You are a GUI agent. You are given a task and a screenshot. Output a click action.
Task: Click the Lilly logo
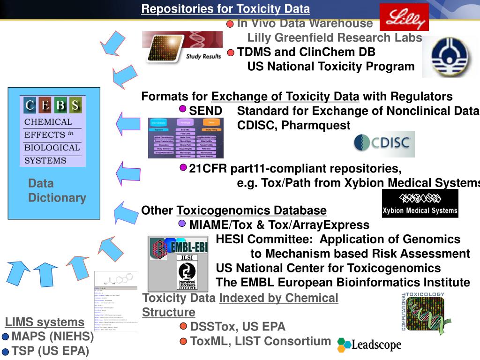click(404, 17)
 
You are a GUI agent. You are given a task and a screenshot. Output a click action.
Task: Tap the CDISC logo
click(384, 144)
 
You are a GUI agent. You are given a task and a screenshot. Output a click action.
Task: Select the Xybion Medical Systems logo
click(420, 203)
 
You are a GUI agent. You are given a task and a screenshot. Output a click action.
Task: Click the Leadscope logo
click(369, 345)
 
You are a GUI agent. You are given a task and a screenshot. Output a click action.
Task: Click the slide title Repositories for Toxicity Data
click(225, 9)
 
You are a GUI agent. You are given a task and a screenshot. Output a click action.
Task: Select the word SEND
click(205, 111)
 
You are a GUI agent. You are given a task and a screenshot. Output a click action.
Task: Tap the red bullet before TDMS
click(231, 52)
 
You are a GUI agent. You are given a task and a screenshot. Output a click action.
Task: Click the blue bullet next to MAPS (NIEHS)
click(5, 337)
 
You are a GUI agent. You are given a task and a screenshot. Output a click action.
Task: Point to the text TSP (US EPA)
click(50, 351)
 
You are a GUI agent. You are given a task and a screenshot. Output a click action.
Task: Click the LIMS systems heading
click(45, 322)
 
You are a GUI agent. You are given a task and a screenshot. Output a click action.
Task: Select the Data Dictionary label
click(57, 190)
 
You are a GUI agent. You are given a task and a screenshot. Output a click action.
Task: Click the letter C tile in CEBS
click(30, 105)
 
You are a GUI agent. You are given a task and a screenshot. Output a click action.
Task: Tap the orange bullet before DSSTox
click(183, 327)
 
